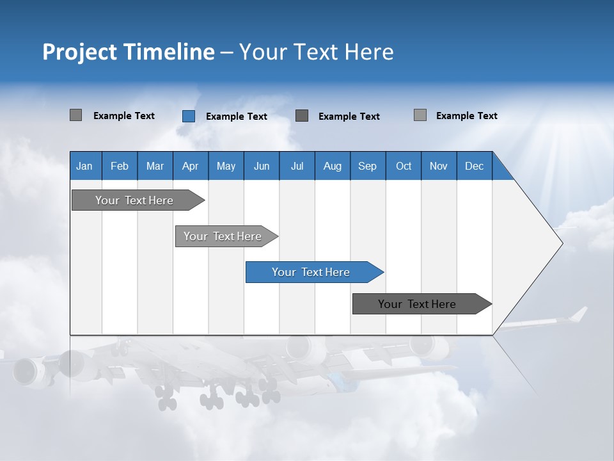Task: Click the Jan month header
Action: [x=84, y=166]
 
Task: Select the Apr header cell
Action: [x=190, y=166]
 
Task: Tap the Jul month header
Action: [x=297, y=166]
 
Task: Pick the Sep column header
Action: [x=367, y=166]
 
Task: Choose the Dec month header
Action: [x=474, y=166]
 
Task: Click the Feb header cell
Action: [x=120, y=166]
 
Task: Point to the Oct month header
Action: [x=404, y=166]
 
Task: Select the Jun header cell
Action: [x=262, y=166]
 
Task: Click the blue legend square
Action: [x=189, y=116]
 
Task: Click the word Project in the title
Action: [x=79, y=52]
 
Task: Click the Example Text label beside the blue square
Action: [x=236, y=117]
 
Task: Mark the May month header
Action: [x=226, y=166]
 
